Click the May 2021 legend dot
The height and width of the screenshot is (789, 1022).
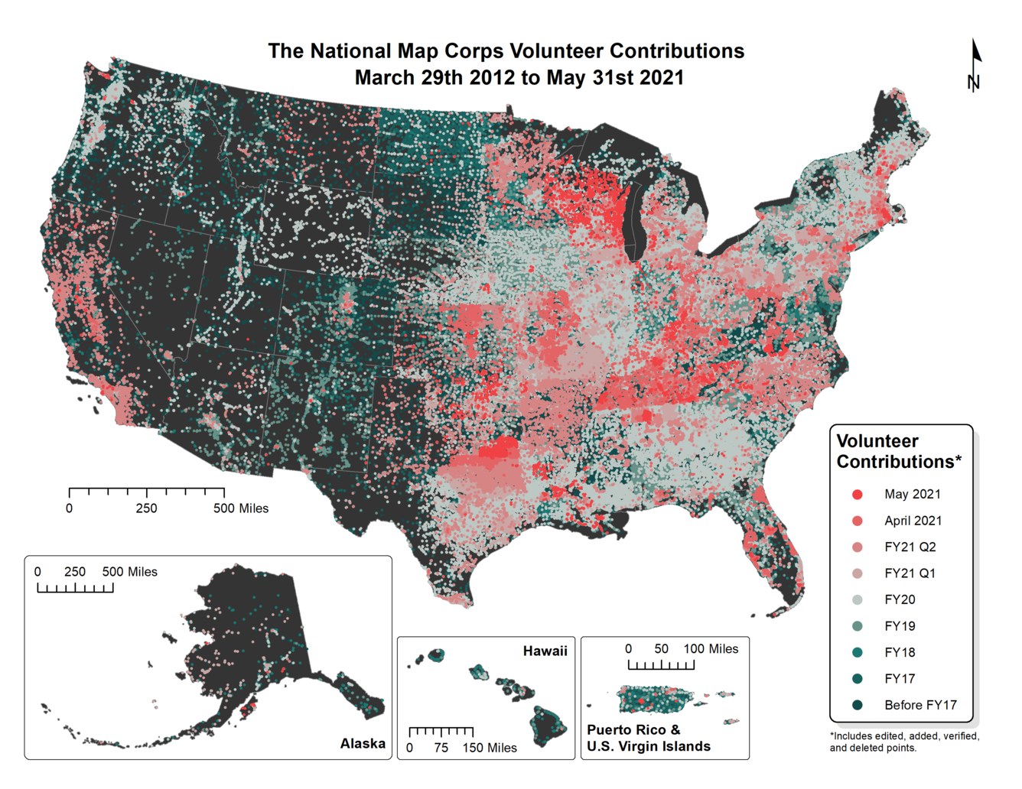(x=858, y=495)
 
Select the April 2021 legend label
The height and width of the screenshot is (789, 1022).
(x=913, y=521)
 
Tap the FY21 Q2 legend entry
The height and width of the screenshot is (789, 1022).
(x=910, y=547)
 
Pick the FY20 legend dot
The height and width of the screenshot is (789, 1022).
(x=858, y=600)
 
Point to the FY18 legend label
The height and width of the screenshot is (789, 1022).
(x=900, y=653)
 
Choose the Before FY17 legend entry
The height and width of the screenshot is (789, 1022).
(x=920, y=706)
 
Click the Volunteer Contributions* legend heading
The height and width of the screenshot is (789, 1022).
(x=898, y=452)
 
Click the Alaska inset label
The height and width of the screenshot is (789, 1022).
(x=363, y=744)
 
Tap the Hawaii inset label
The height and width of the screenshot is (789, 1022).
(x=545, y=651)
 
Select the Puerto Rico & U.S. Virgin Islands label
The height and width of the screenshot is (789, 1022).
(x=648, y=739)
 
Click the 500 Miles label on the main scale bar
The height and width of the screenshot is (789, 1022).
(x=241, y=508)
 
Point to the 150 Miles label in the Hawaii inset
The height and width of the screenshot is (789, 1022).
(x=490, y=748)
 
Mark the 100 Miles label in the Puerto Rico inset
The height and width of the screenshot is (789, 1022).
(x=711, y=649)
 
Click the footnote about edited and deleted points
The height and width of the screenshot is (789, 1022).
(x=904, y=742)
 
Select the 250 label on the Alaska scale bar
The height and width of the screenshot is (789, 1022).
(x=75, y=572)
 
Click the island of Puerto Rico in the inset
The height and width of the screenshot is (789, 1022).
(x=655, y=698)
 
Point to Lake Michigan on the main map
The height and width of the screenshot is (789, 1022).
(x=634, y=222)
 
